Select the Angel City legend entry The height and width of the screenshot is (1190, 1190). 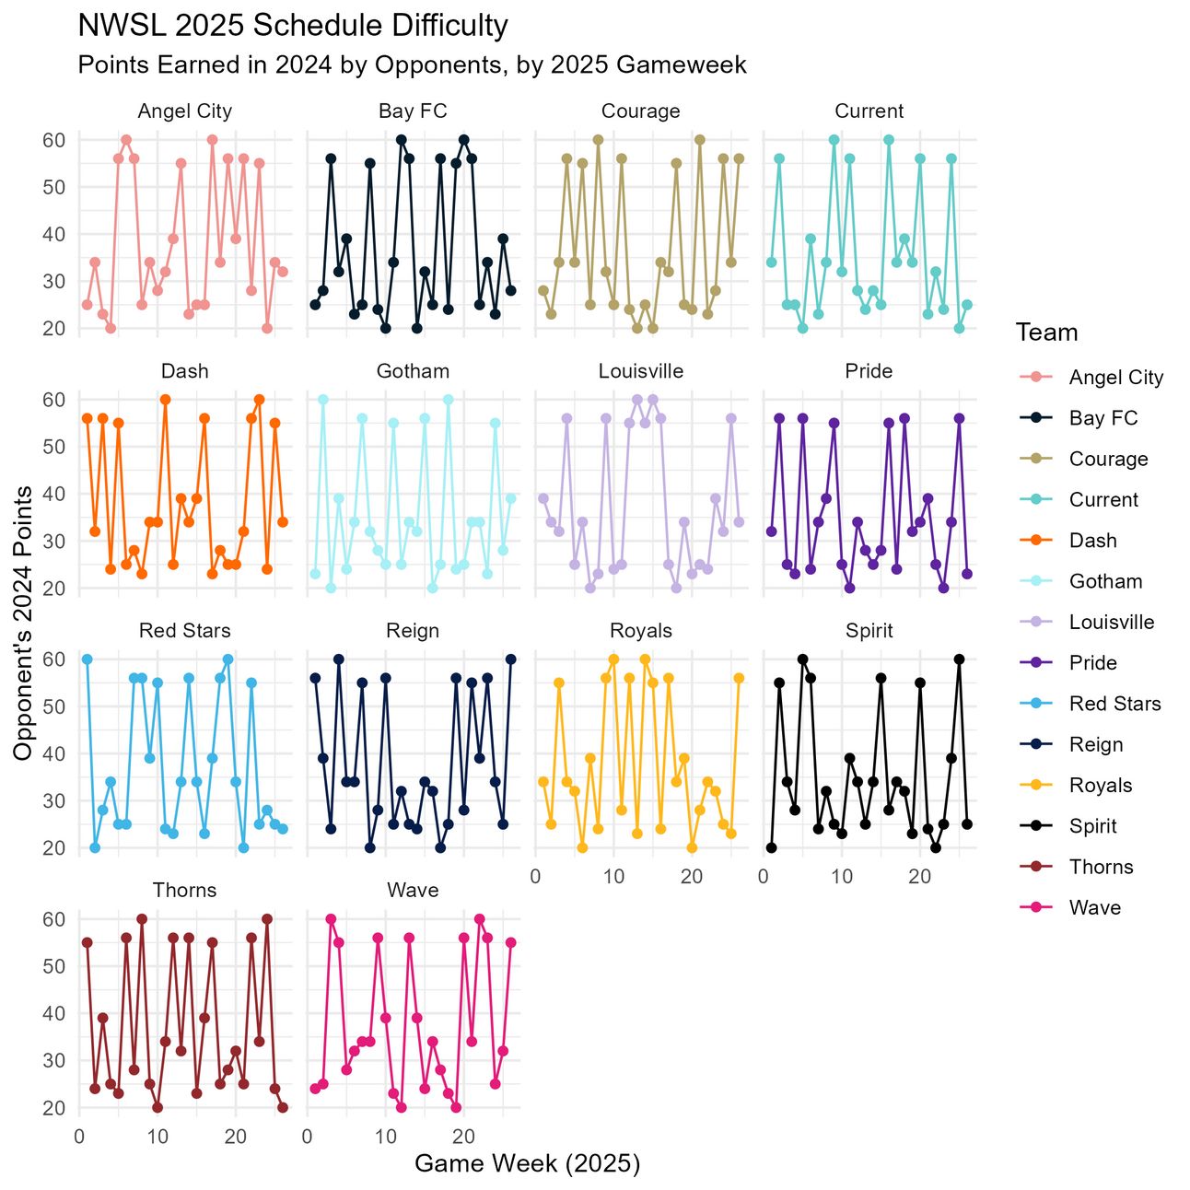click(1115, 378)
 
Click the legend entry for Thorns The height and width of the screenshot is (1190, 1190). click(1101, 867)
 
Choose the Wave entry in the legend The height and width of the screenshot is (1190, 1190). click(1094, 907)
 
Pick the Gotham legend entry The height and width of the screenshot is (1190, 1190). click(1105, 581)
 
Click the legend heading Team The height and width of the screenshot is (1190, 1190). click(1046, 332)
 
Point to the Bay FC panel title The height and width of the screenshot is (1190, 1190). click(413, 111)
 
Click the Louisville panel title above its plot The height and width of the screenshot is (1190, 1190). click(641, 371)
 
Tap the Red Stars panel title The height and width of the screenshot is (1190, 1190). click(184, 631)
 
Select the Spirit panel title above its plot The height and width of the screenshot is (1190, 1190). click(869, 631)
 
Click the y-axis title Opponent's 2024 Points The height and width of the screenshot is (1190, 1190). click(23, 623)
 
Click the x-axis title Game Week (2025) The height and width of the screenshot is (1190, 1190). click(527, 1163)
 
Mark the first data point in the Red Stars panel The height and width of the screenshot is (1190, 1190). click(87, 659)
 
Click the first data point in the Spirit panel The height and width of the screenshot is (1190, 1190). click(771, 847)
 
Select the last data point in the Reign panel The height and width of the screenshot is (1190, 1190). click(511, 659)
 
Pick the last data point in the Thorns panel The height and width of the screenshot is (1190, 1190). click(283, 1107)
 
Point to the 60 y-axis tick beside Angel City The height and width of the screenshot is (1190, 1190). click(53, 140)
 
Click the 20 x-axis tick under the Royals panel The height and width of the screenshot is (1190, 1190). click(692, 877)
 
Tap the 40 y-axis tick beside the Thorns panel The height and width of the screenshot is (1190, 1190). click(53, 1013)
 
